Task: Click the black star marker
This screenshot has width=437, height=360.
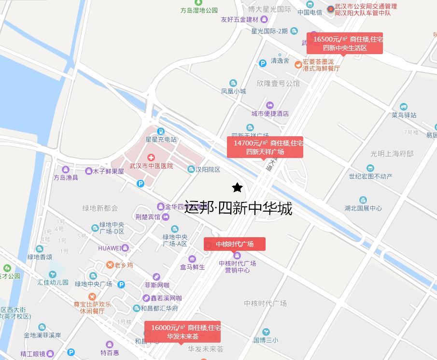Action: pyautogui.click(x=237, y=187)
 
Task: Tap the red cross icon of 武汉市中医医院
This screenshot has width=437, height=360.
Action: pyautogui.click(x=151, y=158)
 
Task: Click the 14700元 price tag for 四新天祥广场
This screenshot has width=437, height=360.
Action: pyautogui.click(x=265, y=147)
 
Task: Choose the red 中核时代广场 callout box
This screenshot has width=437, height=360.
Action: pyautogui.click(x=235, y=244)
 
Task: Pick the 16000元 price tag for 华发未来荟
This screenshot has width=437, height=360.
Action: pyautogui.click(x=183, y=331)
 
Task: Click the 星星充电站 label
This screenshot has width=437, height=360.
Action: pyautogui.click(x=161, y=140)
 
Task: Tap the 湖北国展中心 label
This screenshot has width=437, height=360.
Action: pyautogui.click(x=363, y=208)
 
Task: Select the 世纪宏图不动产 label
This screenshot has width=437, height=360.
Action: pyautogui.click(x=370, y=176)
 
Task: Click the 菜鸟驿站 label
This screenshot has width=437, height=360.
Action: pyautogui.click(x=404, y=115)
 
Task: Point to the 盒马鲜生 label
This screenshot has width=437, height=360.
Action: pyautogui.click(x=193, y=267)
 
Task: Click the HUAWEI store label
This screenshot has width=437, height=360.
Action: pyautogui.click(x=110, y=248)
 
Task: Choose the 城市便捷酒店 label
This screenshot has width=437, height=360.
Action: pyautogui.click(x=270, y=114)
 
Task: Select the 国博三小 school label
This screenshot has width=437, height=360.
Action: pyautogui.click(x=266, y=340)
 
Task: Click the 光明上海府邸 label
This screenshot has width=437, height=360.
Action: pyautogui.click(x=392, y=154)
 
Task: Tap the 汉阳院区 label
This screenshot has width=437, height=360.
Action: pyautogui.click(x=208, y=170)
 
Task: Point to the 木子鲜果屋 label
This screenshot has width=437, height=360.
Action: pyautogui.click(x=108, y=172)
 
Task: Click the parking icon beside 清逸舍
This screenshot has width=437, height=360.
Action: pyautogui.click(x=263, y=63)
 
